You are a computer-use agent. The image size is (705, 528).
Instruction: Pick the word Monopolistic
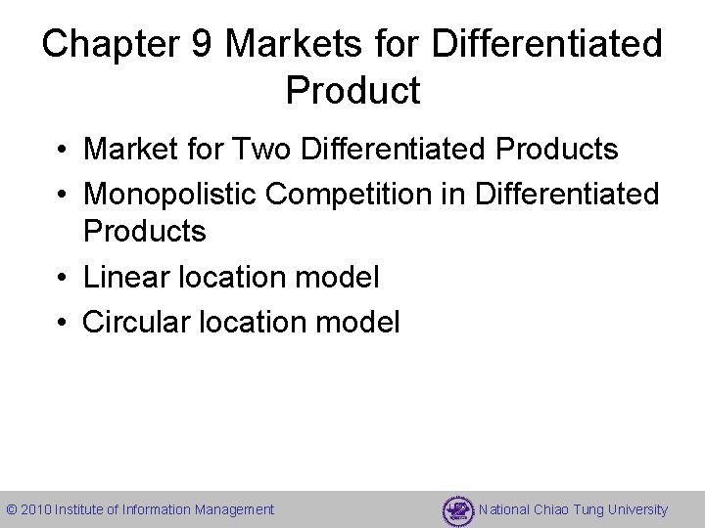click(x=170, y=194)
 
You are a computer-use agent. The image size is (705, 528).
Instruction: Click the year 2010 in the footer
click(x=36, y=509)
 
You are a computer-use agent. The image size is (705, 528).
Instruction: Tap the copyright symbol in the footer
click(x=12, y=509)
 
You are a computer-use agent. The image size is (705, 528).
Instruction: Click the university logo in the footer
click(x=457, y=509)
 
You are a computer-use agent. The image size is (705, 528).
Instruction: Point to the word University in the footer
click(x=637, y=509)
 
